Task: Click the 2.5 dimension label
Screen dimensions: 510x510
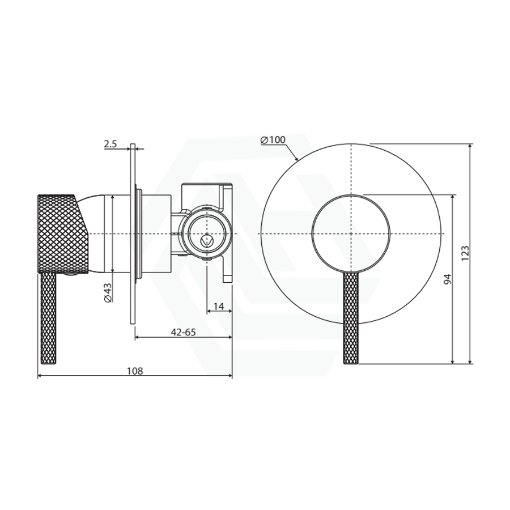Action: click(x=110, y=144)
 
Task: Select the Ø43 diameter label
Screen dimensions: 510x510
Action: click(x=107, y=292)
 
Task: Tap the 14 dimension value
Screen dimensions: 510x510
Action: click(x=218, y=307)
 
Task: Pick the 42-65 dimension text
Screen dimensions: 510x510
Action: click(x=183, y=332)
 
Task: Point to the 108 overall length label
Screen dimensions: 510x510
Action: click(x=134, y=371)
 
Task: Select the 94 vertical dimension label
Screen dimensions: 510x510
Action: click(x=447, y=279)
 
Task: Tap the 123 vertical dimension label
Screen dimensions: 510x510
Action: click(x=465, y=253)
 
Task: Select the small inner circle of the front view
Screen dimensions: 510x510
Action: click(x=351, y=233)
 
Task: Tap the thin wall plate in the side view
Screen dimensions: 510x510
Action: click(x=132, y=233)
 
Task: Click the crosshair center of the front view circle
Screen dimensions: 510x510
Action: click(x=351, y=233)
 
